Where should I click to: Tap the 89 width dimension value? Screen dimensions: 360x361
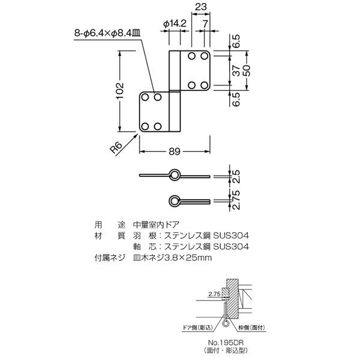[x=174, y=152]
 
